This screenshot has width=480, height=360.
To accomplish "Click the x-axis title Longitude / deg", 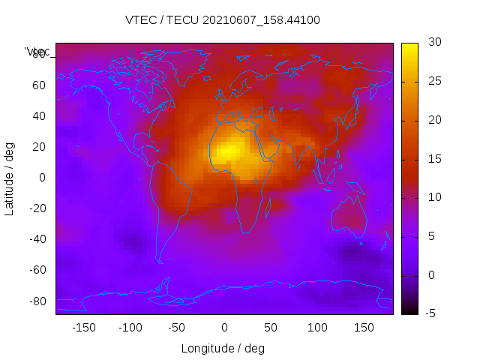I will pos(223,349).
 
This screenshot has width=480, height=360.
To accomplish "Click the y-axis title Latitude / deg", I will pos(10,178).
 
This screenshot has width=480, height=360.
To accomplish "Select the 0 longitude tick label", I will pos(223,328).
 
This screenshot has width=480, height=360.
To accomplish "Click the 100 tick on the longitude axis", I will pos(317,328).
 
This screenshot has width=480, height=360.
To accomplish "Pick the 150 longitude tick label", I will pos(364,328).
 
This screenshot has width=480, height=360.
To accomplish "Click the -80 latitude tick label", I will pos(38,301).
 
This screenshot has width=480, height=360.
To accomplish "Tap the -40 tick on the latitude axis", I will pos(38,240).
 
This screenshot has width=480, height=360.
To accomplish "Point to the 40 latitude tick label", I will pos(38,116).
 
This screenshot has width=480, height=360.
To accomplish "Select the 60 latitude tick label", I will pos(38,85).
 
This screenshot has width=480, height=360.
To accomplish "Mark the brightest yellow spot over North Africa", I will pos(229,150).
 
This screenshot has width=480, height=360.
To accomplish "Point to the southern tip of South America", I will pos(160,262).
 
